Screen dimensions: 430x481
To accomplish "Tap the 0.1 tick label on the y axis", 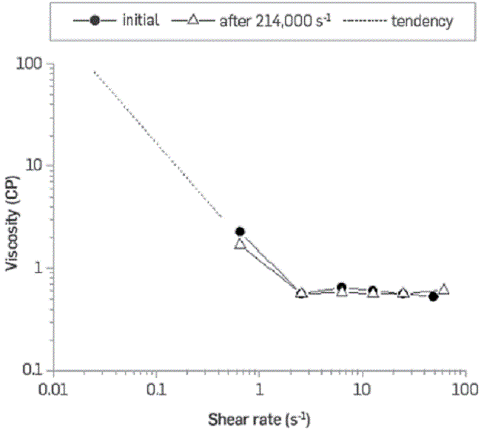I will pyautogui.click(x=30, y=369).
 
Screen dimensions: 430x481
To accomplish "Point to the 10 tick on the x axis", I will pyautogui.click(x=361, y=388).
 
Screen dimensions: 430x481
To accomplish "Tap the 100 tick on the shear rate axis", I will pyautogui.click(x=463, y=388).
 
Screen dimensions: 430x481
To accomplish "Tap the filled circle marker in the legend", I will pyautogui.click(x=94, y=21).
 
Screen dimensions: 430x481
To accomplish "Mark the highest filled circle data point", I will pyautogui.click(x=240, y=232).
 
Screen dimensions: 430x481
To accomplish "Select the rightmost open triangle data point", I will pyautogui.click(x=444, y=289).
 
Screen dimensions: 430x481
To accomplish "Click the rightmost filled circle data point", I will pyautogui.click(x=434, y=297).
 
